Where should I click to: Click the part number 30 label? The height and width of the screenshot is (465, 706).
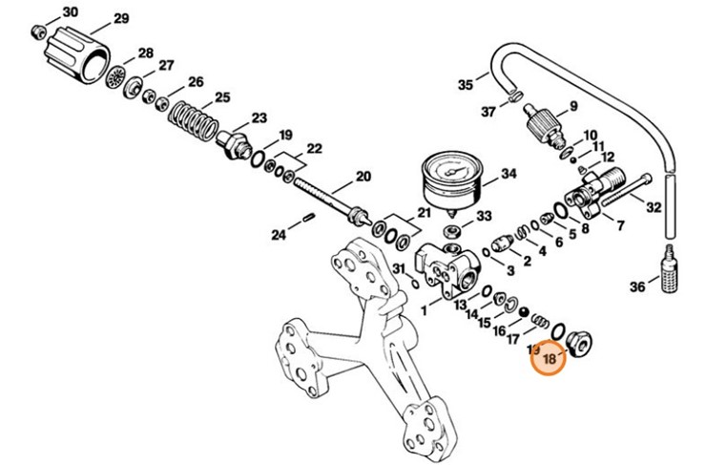point(71,12)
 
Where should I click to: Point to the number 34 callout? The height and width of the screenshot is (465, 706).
point(509,175)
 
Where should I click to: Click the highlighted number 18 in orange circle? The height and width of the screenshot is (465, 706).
point(550,359)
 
